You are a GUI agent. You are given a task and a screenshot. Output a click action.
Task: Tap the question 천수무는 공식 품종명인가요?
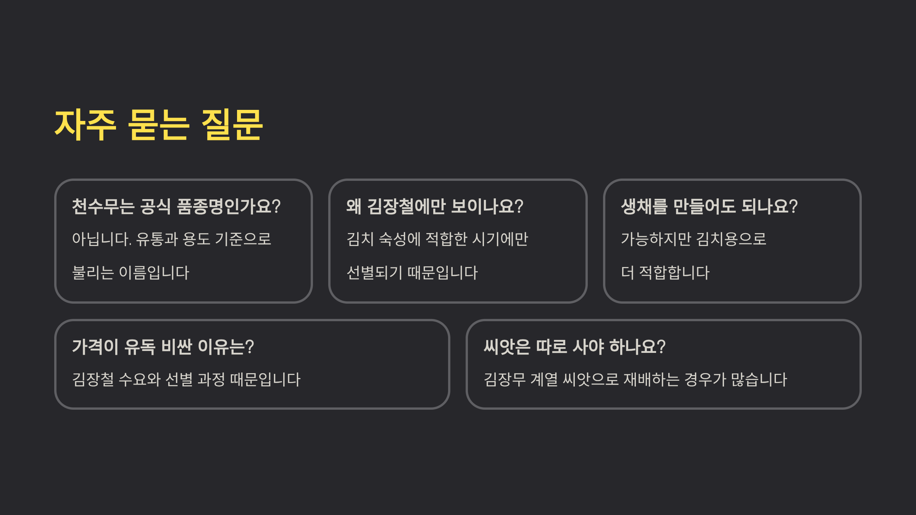pos(176,206)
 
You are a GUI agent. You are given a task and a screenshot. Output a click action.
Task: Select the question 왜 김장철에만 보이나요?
pos(434,206)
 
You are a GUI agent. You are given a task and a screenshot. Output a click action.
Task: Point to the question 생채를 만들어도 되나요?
pos(709,206)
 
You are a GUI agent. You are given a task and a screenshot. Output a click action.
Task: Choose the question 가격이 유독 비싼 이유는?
pos(163,347)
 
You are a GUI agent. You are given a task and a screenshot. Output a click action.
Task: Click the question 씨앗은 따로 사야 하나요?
pos(574,347)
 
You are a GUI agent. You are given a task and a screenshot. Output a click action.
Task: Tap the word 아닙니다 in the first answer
pos(102,239)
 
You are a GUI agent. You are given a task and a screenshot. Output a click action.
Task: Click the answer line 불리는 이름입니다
pos(131,273)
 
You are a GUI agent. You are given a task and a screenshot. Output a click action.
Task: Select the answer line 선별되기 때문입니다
pos(412,273)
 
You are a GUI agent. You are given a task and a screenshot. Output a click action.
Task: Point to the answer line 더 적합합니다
pos(665,273)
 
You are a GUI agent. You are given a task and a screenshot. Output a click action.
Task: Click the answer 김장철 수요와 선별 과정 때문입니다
pos(186,380)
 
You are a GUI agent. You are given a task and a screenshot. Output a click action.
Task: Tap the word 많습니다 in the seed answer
pos(759,380)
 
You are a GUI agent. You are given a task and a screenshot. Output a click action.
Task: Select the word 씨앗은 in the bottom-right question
pos(507,347)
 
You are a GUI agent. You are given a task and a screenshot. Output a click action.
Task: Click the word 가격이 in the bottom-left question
pos(95,347)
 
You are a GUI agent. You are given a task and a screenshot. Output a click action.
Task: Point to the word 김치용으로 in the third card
pos(731,239)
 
